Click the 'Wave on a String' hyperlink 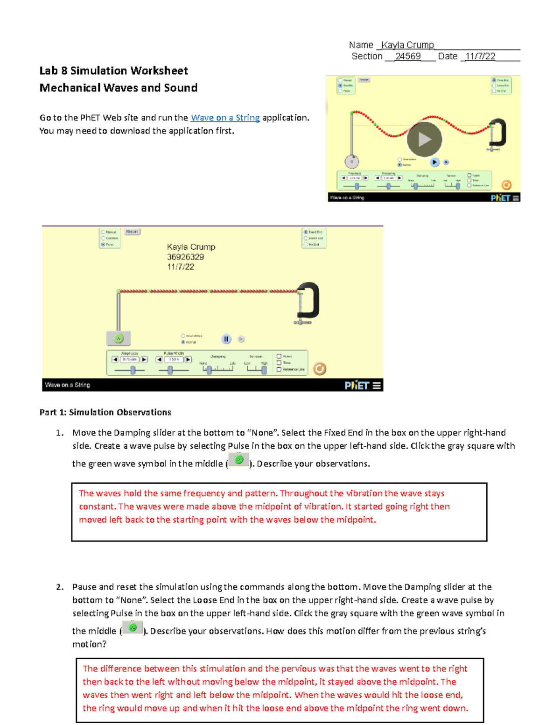(x=225, y=118)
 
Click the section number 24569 (x=407, y=56)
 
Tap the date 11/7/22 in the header (x=480, y=56)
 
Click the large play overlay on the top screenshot (x=424, y=139)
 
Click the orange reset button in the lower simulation (x=320, y=369)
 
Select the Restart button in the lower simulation (x=132, y=232)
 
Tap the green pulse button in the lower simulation (x=119, y=338)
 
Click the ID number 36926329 (x=185, y=257)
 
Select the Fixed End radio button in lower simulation (x=306, y=232)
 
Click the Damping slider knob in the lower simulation (x=209, y=370)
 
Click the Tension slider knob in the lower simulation (x=264, y=370)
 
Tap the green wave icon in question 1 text (x=239, y=460)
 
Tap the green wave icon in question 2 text (x=133, y=627)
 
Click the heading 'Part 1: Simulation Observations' (x=105, y=412)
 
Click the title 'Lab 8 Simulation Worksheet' (x=113, y=71)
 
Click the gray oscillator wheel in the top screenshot (x=352, y=162)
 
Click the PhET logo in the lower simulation (x=357, y=385)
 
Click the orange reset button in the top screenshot (x=506, y=185)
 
